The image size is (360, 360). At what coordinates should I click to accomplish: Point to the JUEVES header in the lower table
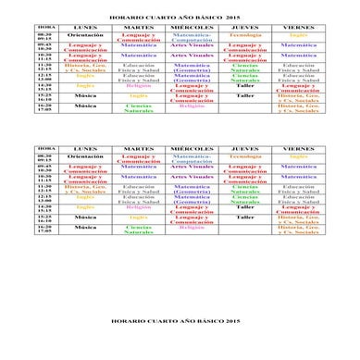[x=244, y=148]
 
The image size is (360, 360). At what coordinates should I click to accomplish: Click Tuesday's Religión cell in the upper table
[x=139, y=86]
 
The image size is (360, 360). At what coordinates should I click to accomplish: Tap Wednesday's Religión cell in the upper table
[x=192, y=106]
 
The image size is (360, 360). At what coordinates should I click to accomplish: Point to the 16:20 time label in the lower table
[x=44, y=228]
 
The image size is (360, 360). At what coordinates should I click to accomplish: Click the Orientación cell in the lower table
[x=85, y=156]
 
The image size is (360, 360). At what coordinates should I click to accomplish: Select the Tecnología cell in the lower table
[x=244, y=156]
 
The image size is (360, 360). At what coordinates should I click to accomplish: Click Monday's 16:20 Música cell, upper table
[x=85, y=106]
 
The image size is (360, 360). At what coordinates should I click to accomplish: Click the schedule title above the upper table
[x=180, y=16]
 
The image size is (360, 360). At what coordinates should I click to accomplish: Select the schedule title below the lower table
[x=180, y=320]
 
